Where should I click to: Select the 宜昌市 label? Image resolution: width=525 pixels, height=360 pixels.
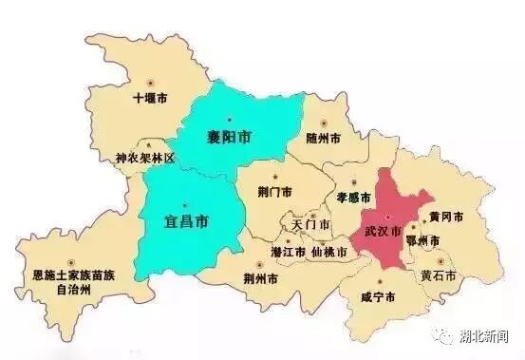tap(187, 222)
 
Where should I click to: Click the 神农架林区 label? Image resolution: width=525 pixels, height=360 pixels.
tap(145, 158)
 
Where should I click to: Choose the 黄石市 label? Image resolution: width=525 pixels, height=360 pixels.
tap(439, 275)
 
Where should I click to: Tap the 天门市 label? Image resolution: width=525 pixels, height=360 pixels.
tap(311, 226)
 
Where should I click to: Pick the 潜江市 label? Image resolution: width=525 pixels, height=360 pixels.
tap(288, 253)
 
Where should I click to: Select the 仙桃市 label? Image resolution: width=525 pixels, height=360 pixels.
tap(328, 253)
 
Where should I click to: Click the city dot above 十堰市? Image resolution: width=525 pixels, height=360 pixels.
tap(152, 83)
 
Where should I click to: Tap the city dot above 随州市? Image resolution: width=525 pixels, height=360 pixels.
tap(325, 123)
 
